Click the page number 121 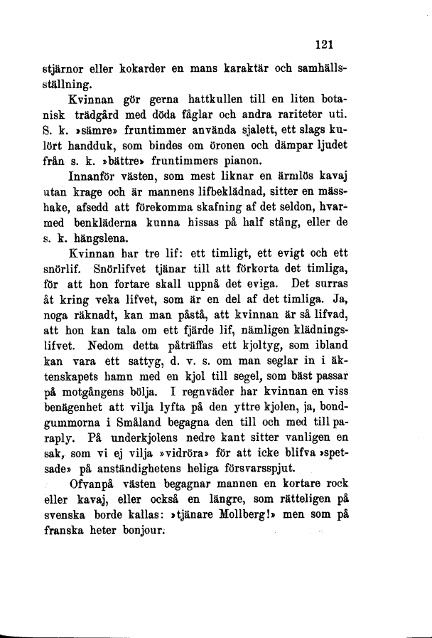point(325,44)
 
